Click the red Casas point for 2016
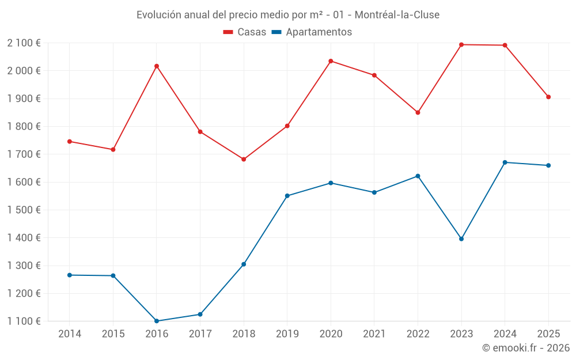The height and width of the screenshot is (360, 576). tap(157, 66)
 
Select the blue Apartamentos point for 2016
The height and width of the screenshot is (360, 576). tap(157, 321)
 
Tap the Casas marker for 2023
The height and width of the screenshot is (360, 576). tap(461, 44)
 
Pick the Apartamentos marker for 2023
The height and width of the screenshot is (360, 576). tap(461, 238)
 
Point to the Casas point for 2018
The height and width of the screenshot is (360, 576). tap(244, 159)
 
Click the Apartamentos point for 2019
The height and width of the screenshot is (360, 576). tap(287, 196)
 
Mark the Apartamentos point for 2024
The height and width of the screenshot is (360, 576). tap(505, 162)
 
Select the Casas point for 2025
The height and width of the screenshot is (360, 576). tap(548, 97)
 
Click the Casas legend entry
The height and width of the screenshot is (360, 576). tap(245, 32)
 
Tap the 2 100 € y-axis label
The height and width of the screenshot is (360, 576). tap(24, 43)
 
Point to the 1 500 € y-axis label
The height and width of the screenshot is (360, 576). tap(24, 210)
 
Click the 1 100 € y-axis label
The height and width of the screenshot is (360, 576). tap(24, 321)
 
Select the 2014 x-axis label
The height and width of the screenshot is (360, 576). tap(70, 334)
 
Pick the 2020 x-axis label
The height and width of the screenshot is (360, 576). tap(331, 334)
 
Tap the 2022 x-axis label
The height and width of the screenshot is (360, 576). tap(418, 334)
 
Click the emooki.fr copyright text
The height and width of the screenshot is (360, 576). tap(526, 347)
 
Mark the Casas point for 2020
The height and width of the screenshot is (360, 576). tap(331, 61)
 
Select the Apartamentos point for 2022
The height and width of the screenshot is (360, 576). tap(418, 176)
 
